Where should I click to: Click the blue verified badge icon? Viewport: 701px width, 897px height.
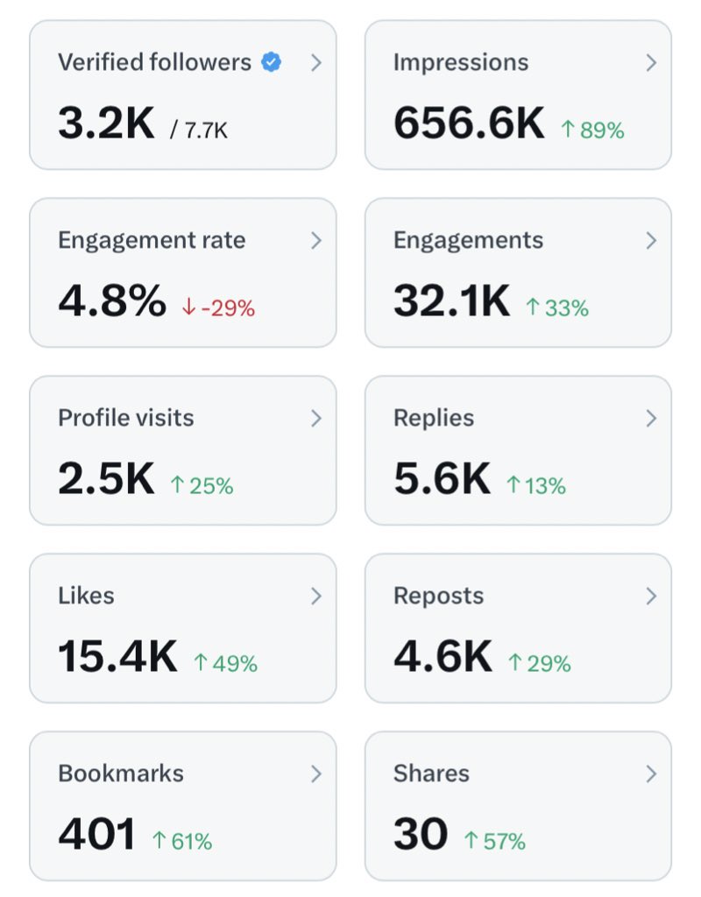point(272,63)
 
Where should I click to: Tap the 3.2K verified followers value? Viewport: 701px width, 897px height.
point(106,124)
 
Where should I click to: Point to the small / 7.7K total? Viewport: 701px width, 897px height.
point(199,131)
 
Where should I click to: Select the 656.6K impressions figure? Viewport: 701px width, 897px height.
point(469,124)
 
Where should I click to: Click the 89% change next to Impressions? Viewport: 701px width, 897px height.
point(592,131)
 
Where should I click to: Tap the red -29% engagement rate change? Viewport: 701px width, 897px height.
point(218,308)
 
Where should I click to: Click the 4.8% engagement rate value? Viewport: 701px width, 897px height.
point(111,301)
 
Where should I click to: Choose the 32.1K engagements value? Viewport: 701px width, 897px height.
point(451,301)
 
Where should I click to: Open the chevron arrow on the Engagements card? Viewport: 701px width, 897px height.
point(651,241)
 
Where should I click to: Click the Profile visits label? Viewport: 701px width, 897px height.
point(125,418)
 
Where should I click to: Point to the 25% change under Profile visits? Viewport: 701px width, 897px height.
point(202,486)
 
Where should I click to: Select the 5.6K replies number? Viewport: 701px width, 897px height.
point(442,479)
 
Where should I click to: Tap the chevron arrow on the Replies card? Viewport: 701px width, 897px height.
point(651,419)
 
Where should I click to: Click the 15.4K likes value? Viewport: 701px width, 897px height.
point(117,657)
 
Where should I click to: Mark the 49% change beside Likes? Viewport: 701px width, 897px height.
point(225,664)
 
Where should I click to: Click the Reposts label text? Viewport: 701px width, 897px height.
point(438,596)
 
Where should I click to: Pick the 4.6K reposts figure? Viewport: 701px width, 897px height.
point(443,657)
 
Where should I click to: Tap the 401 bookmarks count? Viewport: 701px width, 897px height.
point(96,835)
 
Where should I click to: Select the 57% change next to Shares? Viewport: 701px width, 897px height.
point(494,842)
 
